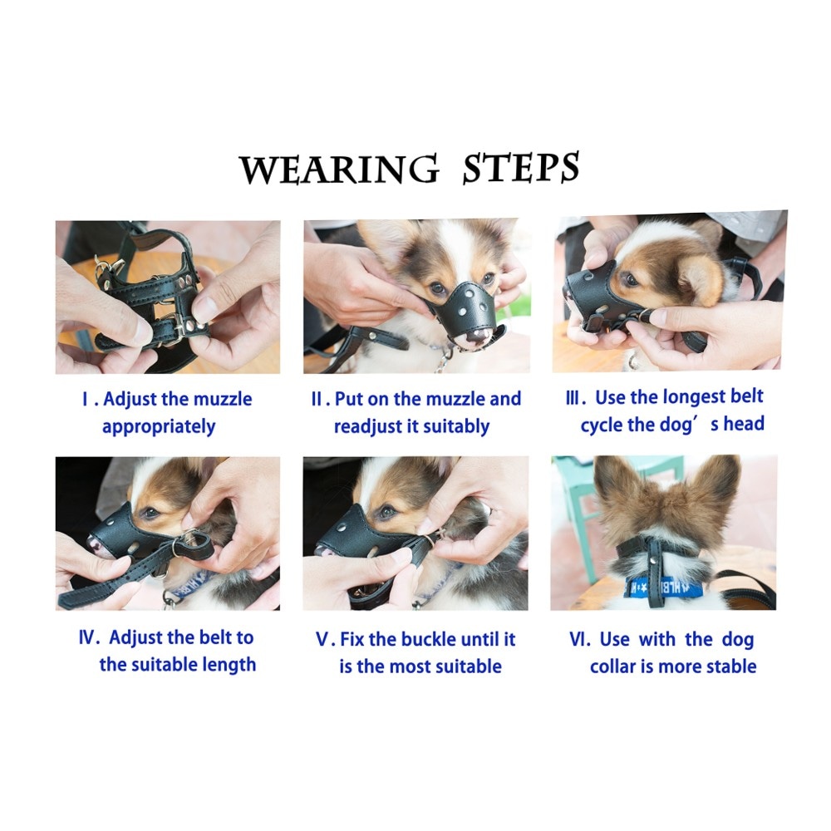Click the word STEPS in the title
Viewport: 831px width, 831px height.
coord(521,168)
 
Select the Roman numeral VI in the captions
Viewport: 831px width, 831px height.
coord(578,639)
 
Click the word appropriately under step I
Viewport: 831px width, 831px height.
coord(159,427)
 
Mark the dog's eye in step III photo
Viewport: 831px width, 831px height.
coord(630,279)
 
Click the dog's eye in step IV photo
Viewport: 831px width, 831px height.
coord(150,512)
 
